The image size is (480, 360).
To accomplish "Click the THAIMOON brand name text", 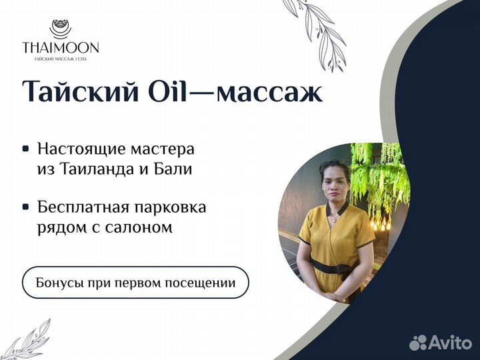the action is pyautogui.click(x=61, y=47).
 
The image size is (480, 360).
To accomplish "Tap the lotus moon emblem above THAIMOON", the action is pyautogui.click(x=60, y=29).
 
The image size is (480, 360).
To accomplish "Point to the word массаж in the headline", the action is pyautogui.click(x=269, y=93).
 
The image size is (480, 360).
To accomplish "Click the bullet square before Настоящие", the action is pyautogui.click(x=26, y=149).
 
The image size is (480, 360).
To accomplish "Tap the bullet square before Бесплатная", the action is pyautogui.click(x=26, y=207).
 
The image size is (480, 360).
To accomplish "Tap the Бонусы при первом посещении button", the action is pyautogui.click(x=135, y=282).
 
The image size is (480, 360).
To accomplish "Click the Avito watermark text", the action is pyautogui.click(x=450, y=341).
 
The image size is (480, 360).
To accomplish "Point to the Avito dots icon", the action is pyautogui.click(x=418, y=342).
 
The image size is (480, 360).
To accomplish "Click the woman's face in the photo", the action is pyautogui.click(x=334, y=185).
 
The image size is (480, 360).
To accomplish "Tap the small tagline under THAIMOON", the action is pyautogui.click(x=60, y=59).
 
